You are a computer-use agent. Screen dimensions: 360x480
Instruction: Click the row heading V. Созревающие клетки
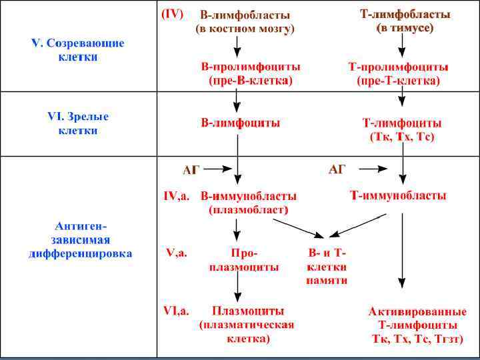tap(78, 50)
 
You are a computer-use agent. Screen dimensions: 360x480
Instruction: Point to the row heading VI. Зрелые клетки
tap(78, 123)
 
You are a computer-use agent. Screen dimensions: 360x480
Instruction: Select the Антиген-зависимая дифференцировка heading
tap(80, 239)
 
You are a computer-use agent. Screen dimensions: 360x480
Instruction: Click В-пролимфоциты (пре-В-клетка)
tap(251, 73)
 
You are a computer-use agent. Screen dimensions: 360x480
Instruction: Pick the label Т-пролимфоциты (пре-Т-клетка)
tap(399, 73)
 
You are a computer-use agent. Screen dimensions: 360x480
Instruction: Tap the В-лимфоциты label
tap(241, 123)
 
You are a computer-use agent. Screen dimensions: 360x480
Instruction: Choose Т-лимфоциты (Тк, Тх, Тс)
tap(401, 130)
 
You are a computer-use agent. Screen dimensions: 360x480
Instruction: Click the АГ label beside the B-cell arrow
tap(191, 170)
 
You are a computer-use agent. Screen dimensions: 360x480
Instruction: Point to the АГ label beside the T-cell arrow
tap(337, 170)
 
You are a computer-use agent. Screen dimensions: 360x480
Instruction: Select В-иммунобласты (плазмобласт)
tap(249, 203)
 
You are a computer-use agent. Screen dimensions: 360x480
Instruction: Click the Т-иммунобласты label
tap(399, 196)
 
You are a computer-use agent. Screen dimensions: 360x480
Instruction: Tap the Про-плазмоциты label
tap(244, 260)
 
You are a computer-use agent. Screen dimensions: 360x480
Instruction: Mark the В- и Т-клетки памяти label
tap(327, 267)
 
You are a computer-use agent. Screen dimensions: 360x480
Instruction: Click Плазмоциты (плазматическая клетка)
tap(247, 325)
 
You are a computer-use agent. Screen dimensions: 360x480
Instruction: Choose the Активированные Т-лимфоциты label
tap(417, 325)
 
